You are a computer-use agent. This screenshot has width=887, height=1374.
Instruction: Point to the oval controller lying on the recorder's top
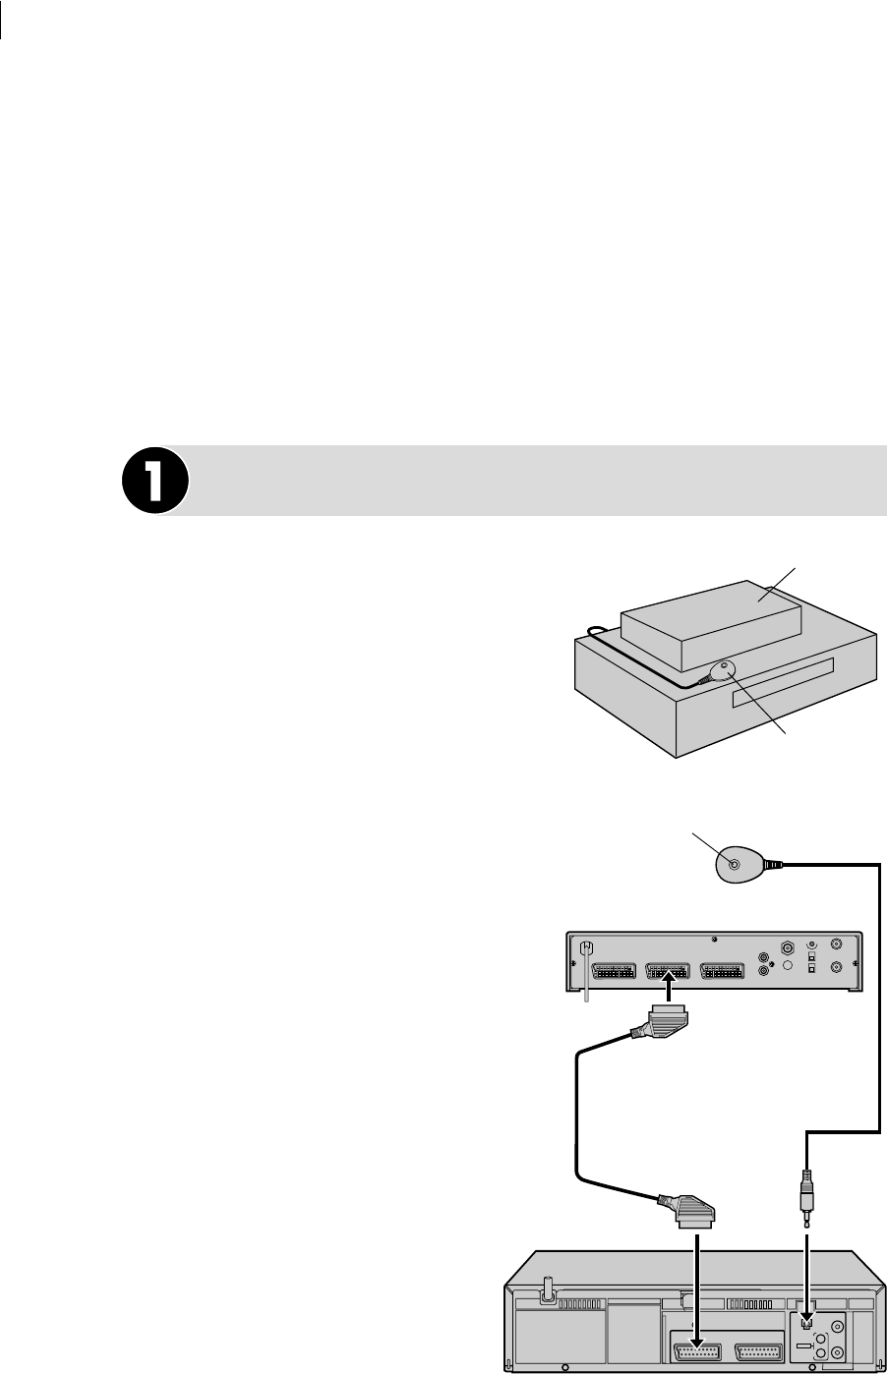[x=718, y=673]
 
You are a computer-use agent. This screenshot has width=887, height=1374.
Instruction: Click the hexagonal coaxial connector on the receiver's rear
[x=787, y=949]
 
